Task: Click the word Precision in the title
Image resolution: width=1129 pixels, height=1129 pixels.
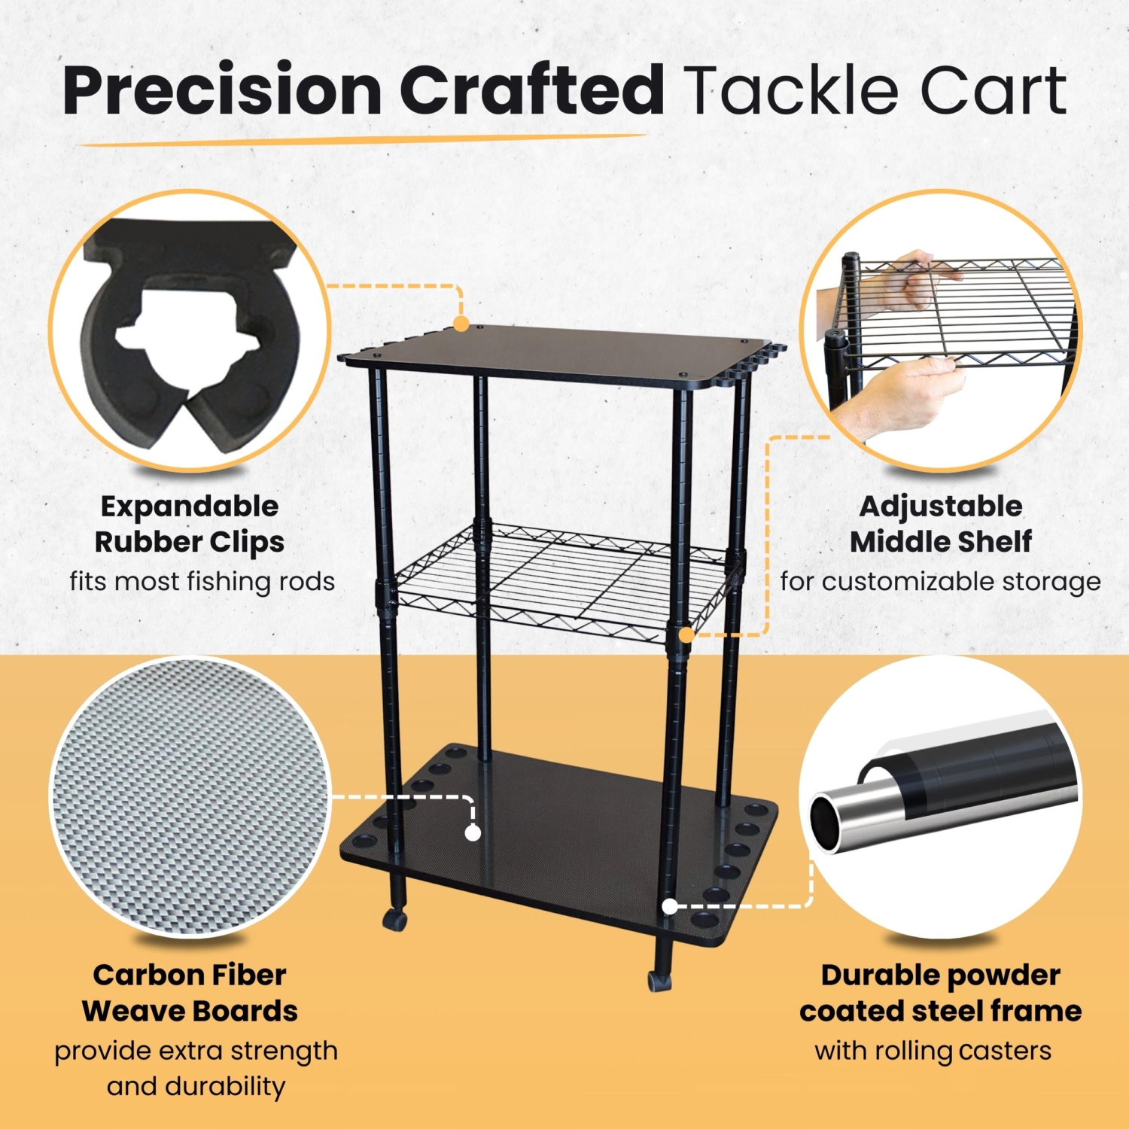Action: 222,90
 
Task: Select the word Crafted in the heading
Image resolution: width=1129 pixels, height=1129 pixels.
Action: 531,90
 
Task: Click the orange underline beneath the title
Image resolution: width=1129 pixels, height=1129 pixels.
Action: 361,139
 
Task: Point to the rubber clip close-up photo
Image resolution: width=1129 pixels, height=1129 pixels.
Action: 190,331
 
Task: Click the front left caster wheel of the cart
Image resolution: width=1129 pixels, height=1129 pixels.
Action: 394,919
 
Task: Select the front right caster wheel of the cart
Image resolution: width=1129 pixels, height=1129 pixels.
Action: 659,980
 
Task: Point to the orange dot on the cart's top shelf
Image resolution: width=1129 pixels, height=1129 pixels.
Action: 461,324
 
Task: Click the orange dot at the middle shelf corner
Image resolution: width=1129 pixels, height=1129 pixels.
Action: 686,634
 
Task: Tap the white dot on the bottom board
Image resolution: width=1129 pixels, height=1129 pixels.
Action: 473,832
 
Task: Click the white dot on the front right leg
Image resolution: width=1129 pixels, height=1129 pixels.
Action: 669,906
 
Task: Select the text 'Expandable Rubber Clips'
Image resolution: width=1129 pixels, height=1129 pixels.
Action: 190,524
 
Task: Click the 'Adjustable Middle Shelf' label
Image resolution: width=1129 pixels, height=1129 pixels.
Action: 941,524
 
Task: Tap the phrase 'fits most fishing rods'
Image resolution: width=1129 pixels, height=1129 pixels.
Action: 202,581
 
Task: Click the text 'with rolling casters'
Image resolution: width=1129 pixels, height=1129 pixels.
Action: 933,1050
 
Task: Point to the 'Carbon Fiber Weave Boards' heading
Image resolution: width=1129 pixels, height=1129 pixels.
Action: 190,993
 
